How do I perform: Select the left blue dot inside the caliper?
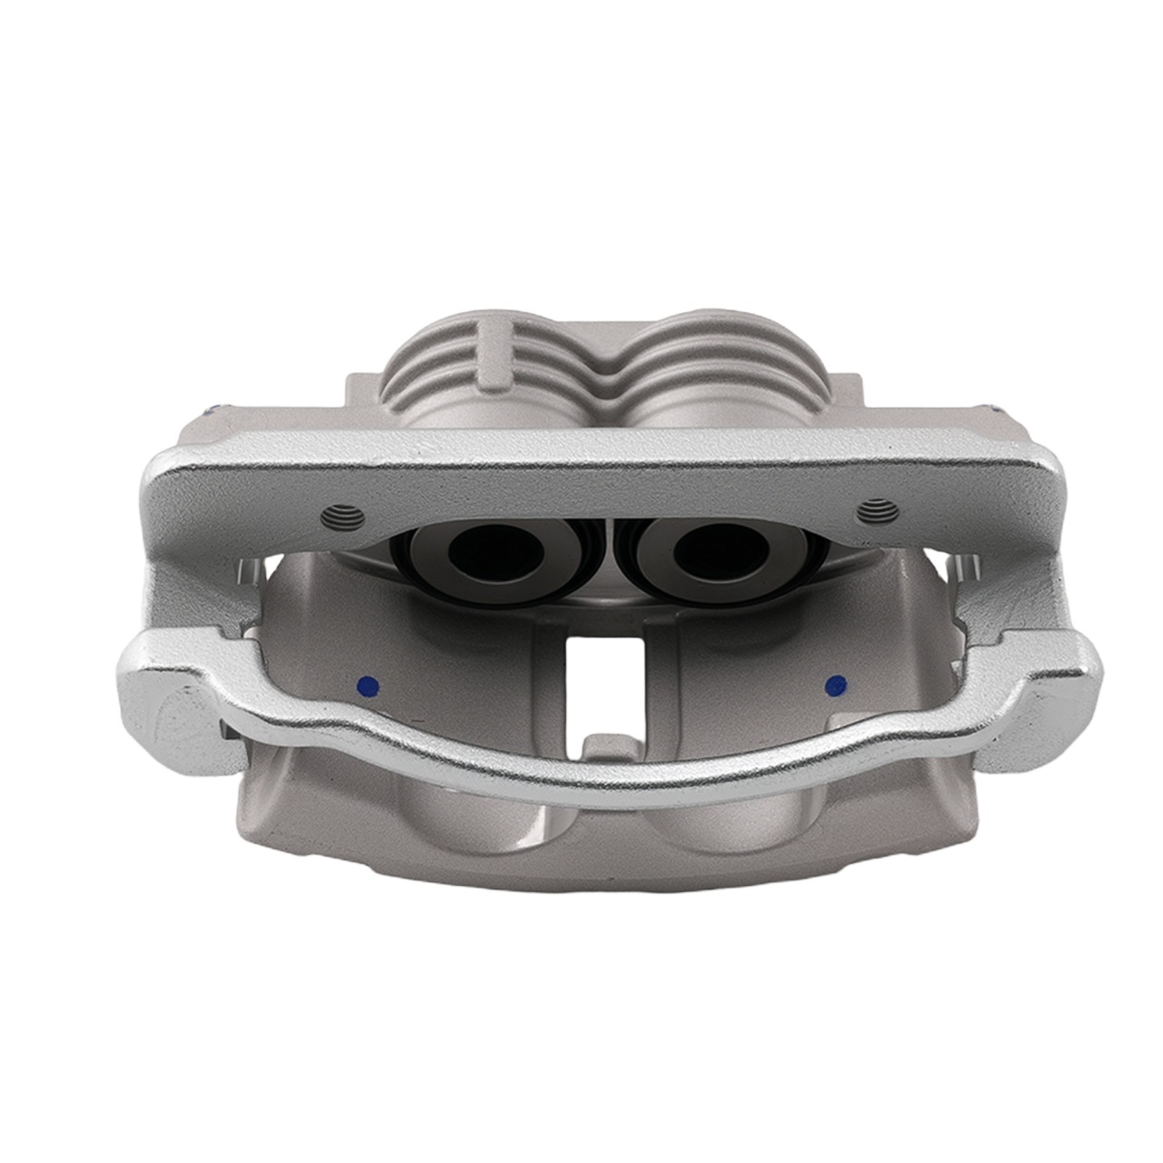369,685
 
